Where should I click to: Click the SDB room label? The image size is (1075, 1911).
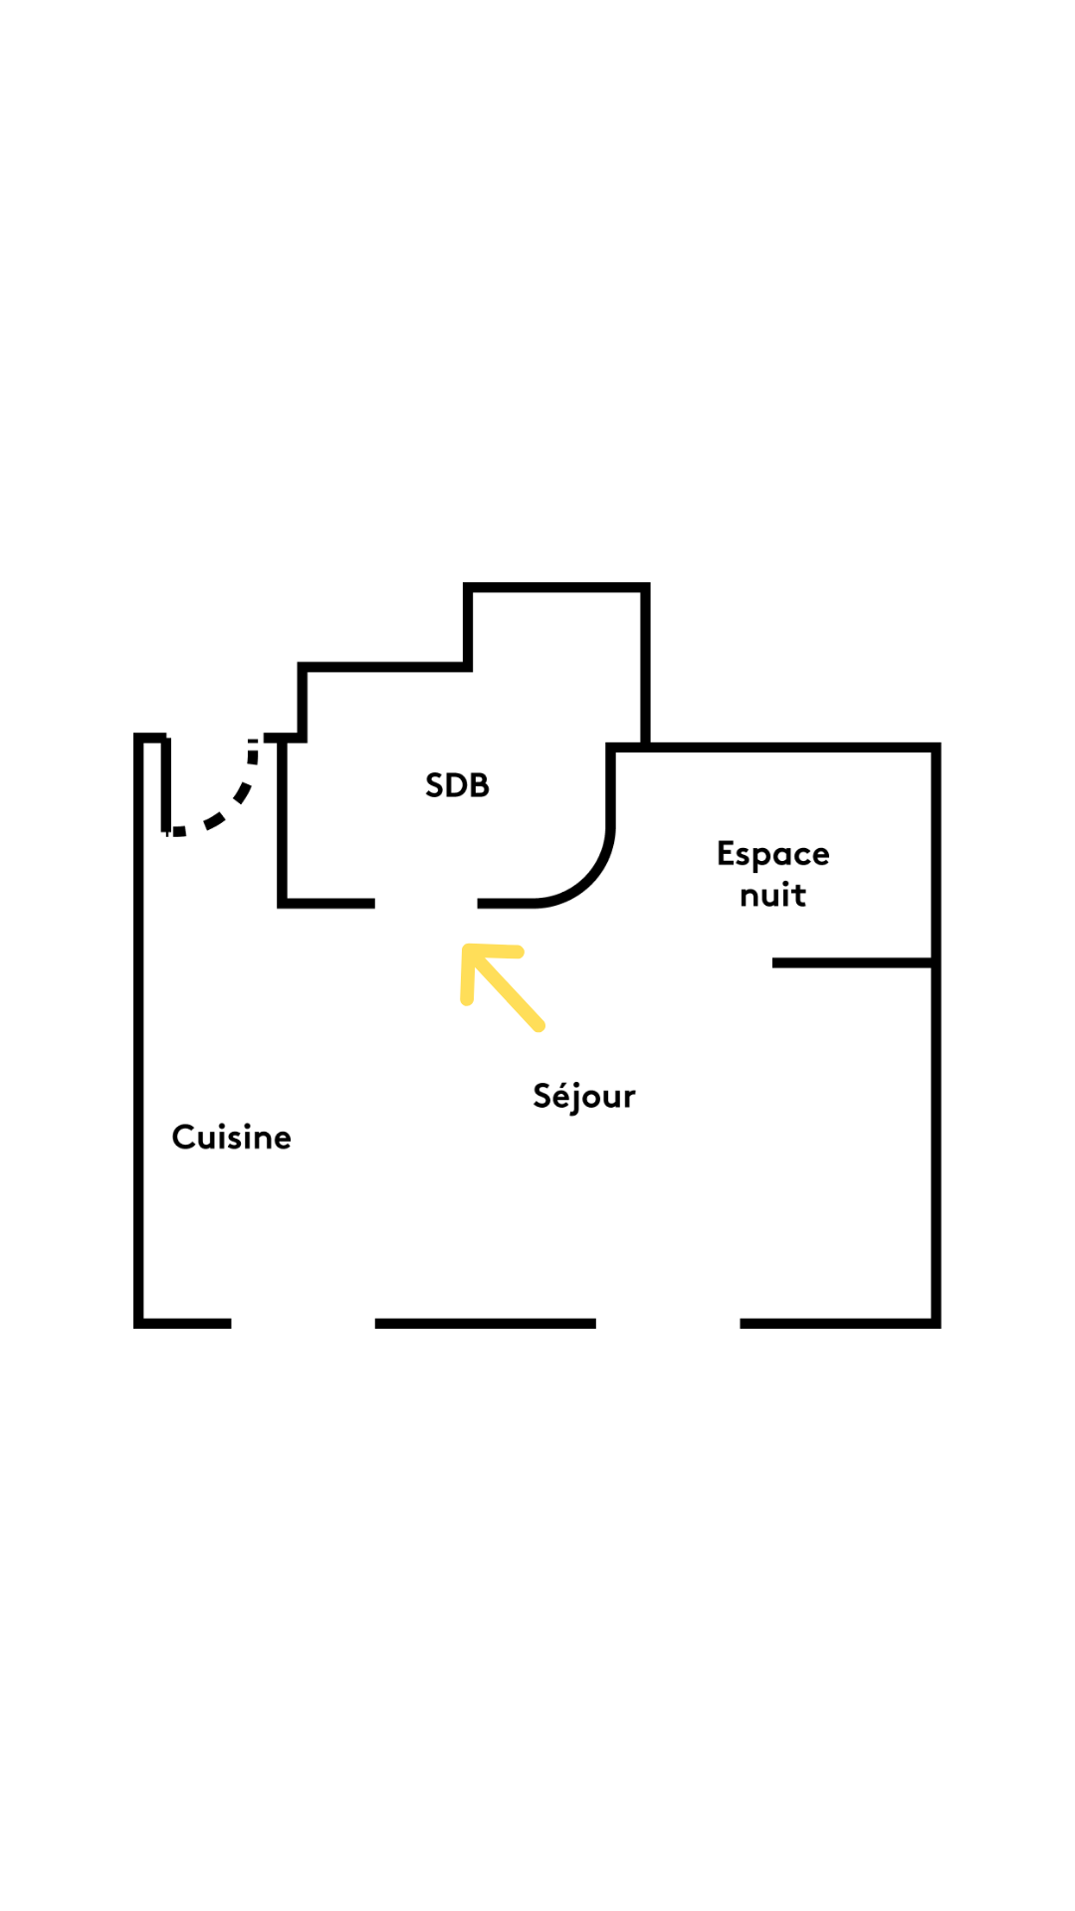point(457,785)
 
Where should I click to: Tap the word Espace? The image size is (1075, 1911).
point(773,854)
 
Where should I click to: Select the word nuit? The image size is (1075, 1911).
point(772,895)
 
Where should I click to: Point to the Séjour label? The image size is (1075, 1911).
point(584,1096)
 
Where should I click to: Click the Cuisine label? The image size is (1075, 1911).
point(232,1137)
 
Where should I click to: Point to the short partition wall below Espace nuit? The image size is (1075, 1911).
point(854,962)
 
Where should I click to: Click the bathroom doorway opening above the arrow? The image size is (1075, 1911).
point(426,903)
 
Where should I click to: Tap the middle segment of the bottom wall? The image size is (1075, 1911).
point(486,1323)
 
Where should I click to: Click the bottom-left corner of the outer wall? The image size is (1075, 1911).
point(139,1323)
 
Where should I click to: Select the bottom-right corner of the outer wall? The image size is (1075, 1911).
point(936,1323)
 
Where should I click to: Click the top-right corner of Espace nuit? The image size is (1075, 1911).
point(936,747)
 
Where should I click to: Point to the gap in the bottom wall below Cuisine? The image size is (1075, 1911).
point(304,1323)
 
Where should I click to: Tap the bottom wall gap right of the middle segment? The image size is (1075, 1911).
point(668,1323)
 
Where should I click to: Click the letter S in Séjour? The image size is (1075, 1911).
point(542,1095)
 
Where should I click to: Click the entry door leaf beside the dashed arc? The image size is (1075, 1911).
point(166,784)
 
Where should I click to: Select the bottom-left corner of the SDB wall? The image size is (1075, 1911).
point(283,903)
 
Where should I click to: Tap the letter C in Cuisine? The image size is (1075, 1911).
point(184,1137)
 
